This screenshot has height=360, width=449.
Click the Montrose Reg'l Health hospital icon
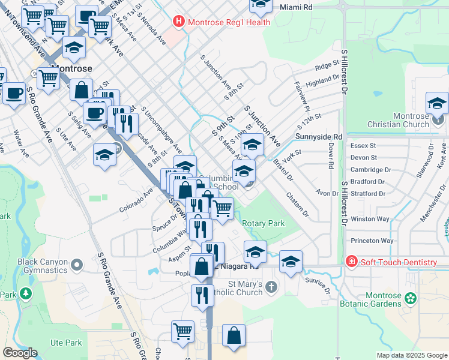click(x=178, y=22)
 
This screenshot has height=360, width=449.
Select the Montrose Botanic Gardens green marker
click(x=411, y=298)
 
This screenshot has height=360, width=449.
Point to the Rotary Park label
click(x=263, y=223)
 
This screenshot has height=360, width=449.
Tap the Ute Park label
click(x=65, y=343)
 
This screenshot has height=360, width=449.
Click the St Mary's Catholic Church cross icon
click(x=271, y=286)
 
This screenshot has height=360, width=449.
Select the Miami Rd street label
click(x=297, y=7)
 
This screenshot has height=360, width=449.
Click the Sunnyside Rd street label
click(x=319, y=137)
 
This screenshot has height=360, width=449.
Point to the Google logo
click(x=20, y=353)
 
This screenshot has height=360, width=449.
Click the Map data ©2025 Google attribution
click(x=411, y=355)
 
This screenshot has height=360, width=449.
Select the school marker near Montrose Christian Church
click(x=437, y=103)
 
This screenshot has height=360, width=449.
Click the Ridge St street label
click(x=327, y=66)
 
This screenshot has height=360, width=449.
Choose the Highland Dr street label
click(x=322, y=79)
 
